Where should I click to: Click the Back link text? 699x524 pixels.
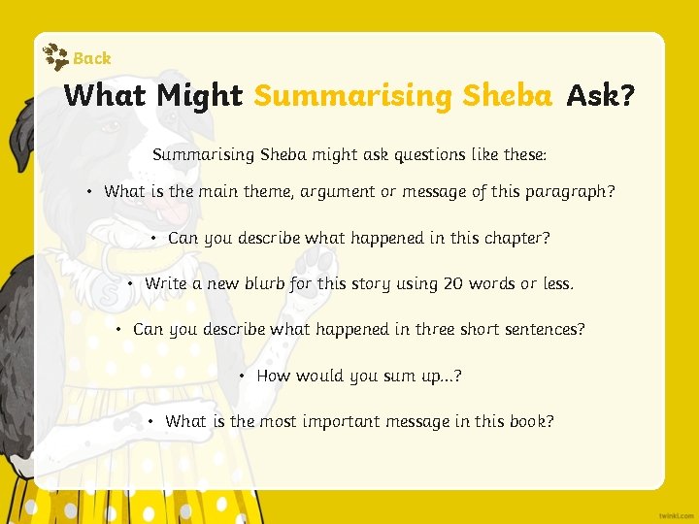[92, 58]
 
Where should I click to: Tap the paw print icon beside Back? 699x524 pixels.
[57, 57]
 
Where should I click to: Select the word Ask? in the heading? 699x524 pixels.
[600, 96]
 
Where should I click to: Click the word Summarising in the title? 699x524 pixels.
[352, 96]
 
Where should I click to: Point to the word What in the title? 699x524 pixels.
[104, 96]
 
